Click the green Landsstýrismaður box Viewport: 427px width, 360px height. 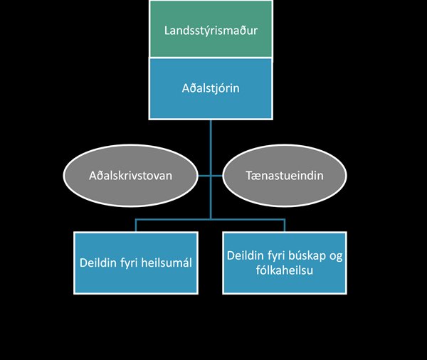coord(211,29)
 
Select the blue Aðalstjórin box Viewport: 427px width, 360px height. coord(211,88)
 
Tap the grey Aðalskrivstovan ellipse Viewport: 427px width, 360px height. coord(131,176)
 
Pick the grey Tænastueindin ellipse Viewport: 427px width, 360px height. coord(285,176)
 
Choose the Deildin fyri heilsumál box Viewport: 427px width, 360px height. coord(136,263)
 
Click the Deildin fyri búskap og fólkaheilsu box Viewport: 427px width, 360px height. coord(285,263)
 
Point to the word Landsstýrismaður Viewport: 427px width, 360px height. coord(211,30)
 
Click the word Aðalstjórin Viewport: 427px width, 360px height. coord(211,88)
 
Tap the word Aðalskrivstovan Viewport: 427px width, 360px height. coord(131,176)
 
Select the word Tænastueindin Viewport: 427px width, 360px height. coord(285,176)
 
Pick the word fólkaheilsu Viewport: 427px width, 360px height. coord(284,270)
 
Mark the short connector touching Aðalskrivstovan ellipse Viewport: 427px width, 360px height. coord(204,176)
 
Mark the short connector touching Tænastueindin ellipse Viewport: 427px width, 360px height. coord(217,176)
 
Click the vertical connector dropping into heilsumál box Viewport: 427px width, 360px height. coord(136,226)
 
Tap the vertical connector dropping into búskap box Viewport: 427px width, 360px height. coord(285,226)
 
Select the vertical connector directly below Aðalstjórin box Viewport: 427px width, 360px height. coord(211,169)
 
